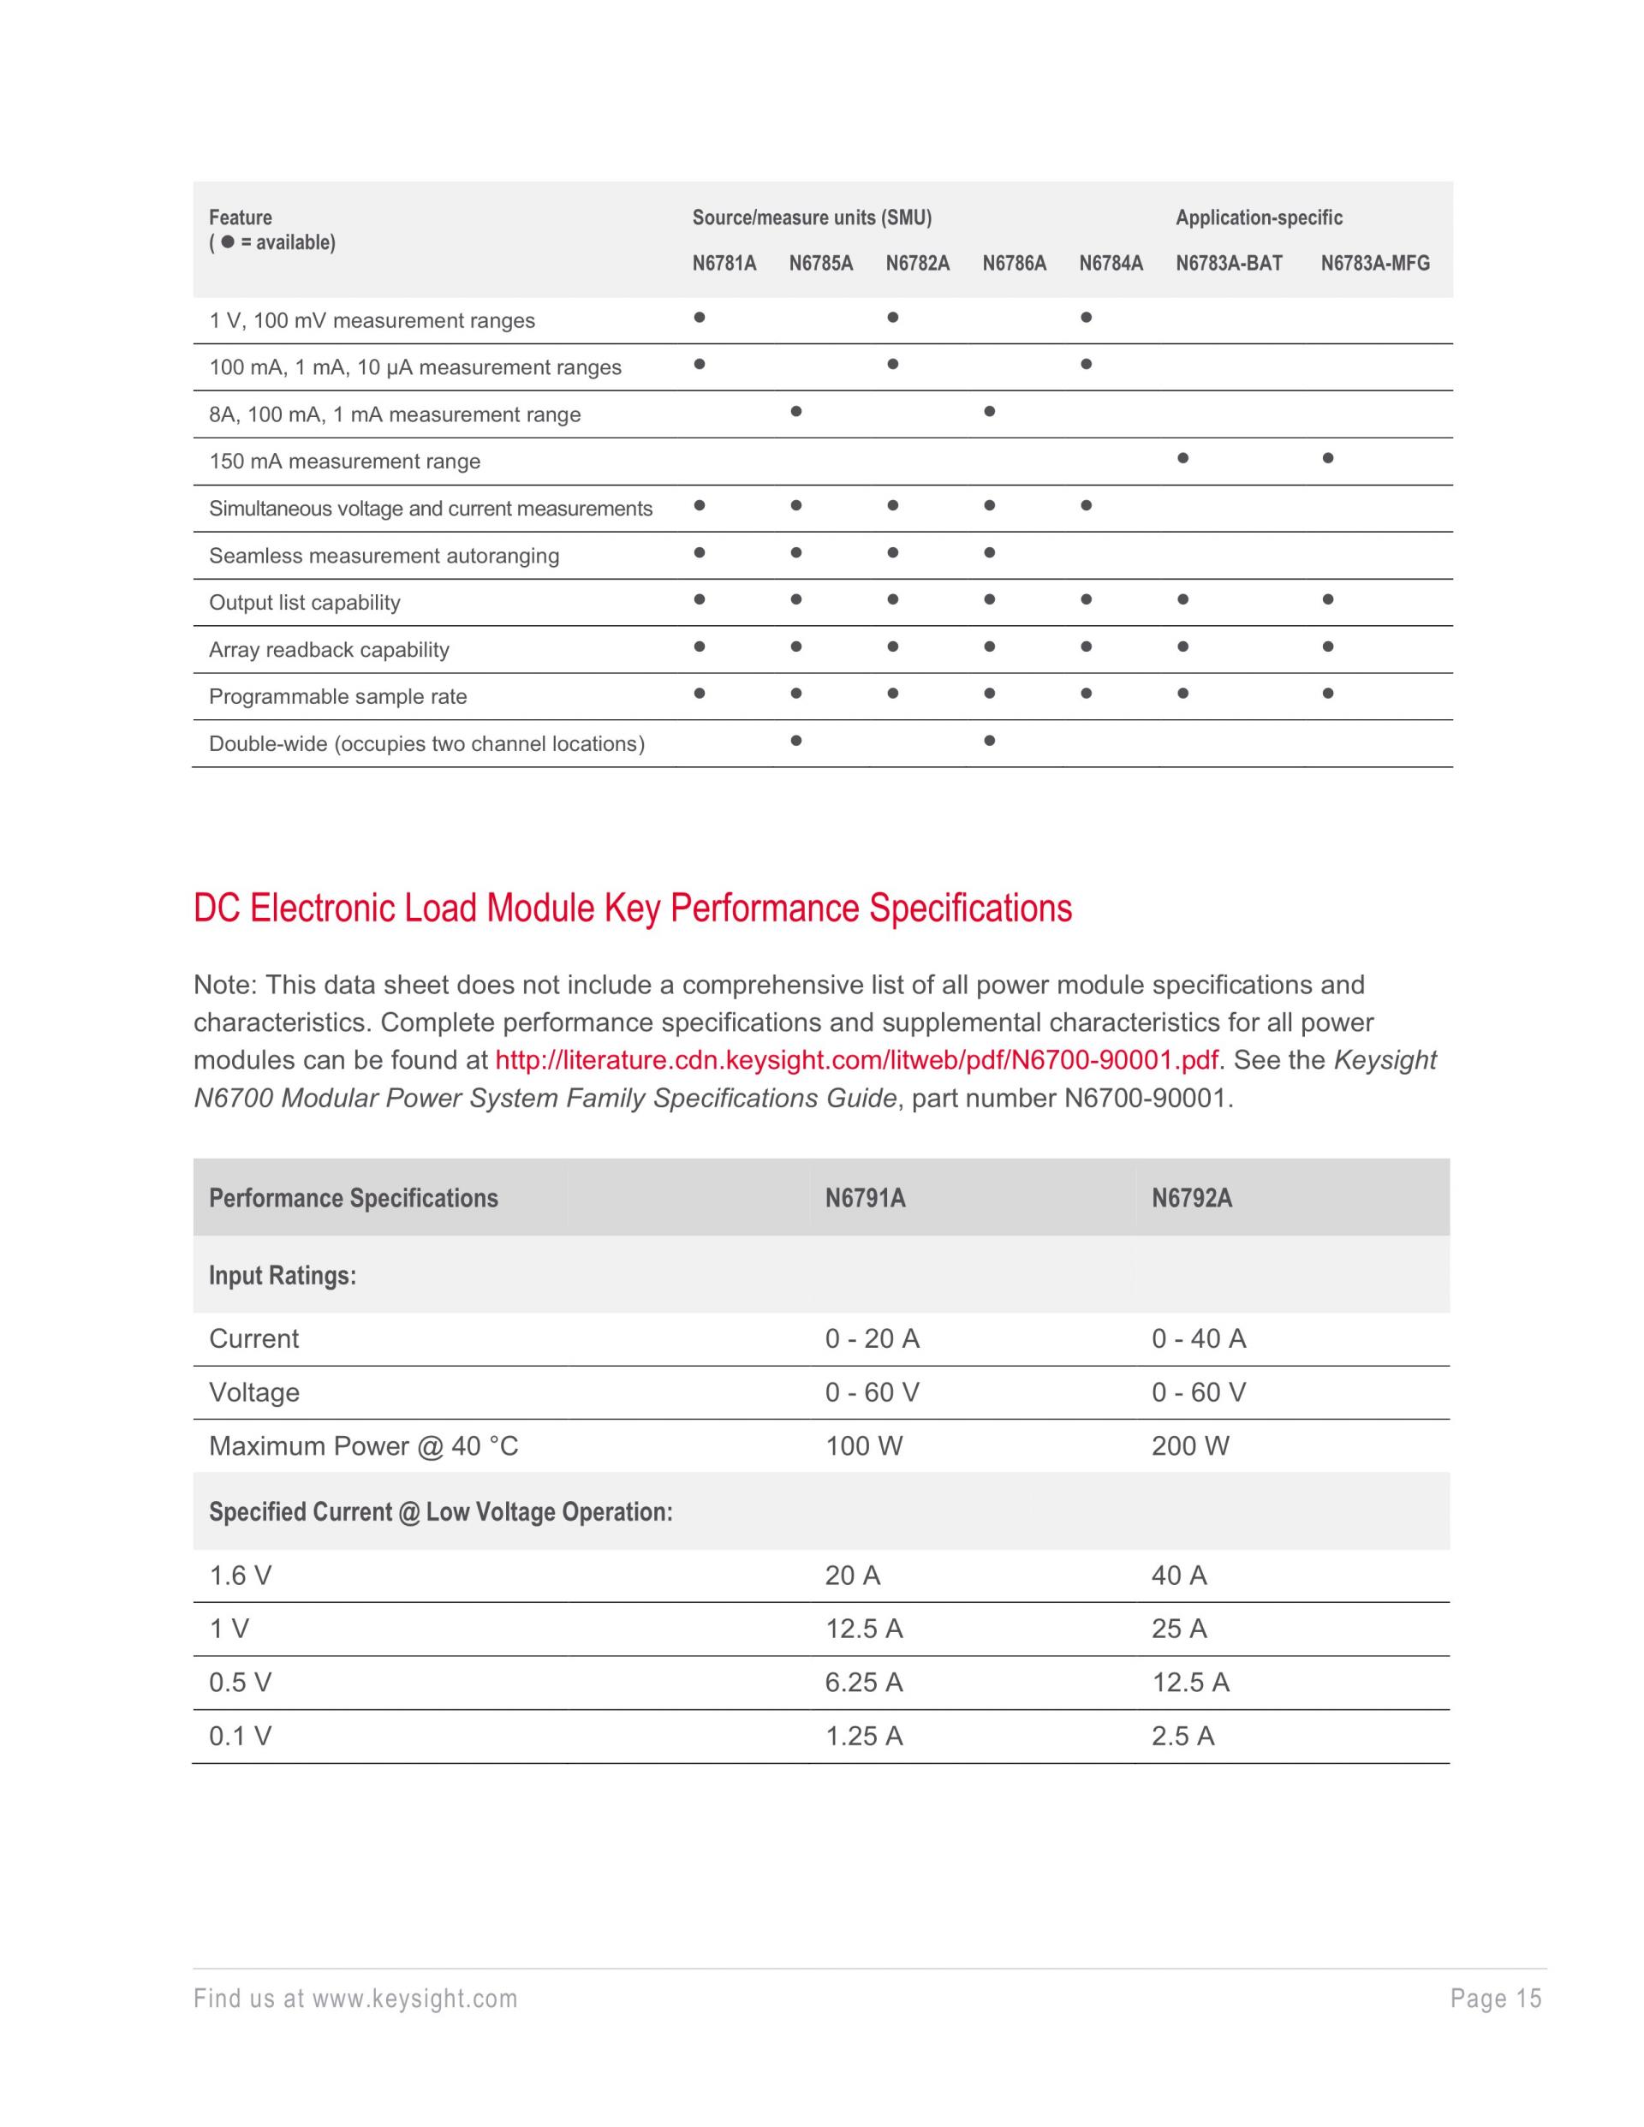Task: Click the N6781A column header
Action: pyautogui.click(x=724, y=263)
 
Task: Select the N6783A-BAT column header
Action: pyautogui.click(x=1228, y=263)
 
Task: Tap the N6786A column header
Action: pyautogui.click(x=1014, y=263)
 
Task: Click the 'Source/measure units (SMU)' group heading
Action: pyautogui.click(x=811, y=218)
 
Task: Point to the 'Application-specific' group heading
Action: pyautogui.click(x=1259, y=218)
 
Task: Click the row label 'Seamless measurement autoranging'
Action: pyautogui.click(x=384, y=556)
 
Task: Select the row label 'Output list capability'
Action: pyautogui.click(x=304, y=603)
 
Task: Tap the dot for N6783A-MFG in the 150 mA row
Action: pyautogui.click(x=1327, y=458)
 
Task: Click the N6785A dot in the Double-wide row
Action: pyautogui.click(x=795, y=740)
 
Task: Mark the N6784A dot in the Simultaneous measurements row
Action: pyautogui.click(x=1086, y=505)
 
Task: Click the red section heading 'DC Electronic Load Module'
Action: pyautogui.click(x=632, y=909)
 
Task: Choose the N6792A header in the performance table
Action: pyautogui.click(x=1191, y=1198)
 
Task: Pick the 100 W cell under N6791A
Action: pyautogui.click(x=864, y=1446)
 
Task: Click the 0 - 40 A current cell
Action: pyautogui.click(x=1198, y=1339)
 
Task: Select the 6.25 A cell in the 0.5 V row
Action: pyautogui.click(x=864, y=1683)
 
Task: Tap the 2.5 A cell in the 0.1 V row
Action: pyautogui.click(x=1182, y=1737)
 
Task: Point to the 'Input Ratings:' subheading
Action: pyautogui.click(x=283, y=1276)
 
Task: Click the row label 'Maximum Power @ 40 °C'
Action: pyautogui.click(x=363, y=1446)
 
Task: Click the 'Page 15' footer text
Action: pyautogui.click(x=1496, y=1999)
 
